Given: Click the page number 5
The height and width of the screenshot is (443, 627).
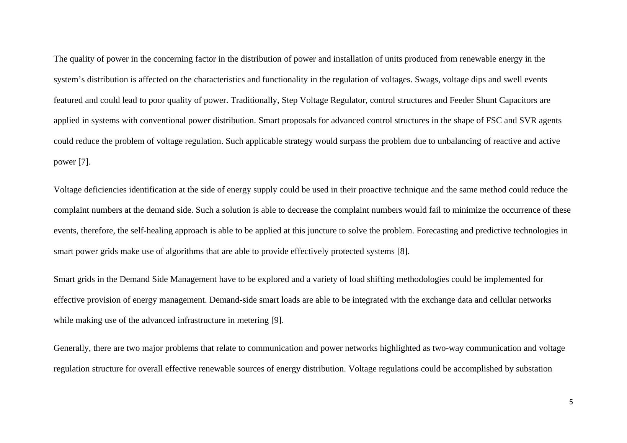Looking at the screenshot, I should click(571, 402).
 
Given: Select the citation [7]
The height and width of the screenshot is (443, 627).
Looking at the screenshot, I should click(84, 162).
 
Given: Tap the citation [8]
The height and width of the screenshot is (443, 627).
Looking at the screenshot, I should click(403, 251).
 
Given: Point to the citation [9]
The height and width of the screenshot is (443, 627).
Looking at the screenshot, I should click(277, 320).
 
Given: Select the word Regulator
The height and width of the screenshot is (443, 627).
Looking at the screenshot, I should click(347, 100).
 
